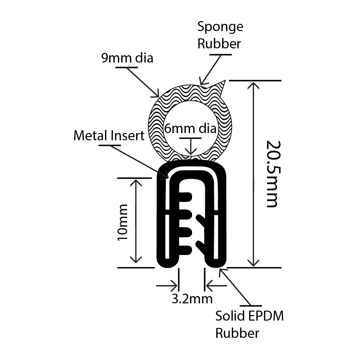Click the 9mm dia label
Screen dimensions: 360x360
point(127,58)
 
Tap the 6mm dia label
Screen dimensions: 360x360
point(190,129)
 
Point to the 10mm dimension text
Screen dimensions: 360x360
point(123,222)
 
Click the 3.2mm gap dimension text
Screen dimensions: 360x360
point(192,298)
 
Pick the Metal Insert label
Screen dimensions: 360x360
point(109,136)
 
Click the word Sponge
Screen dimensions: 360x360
point(220,27)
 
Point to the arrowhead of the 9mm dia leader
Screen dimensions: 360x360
point(157,95)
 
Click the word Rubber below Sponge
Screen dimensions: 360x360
point(219,44)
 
